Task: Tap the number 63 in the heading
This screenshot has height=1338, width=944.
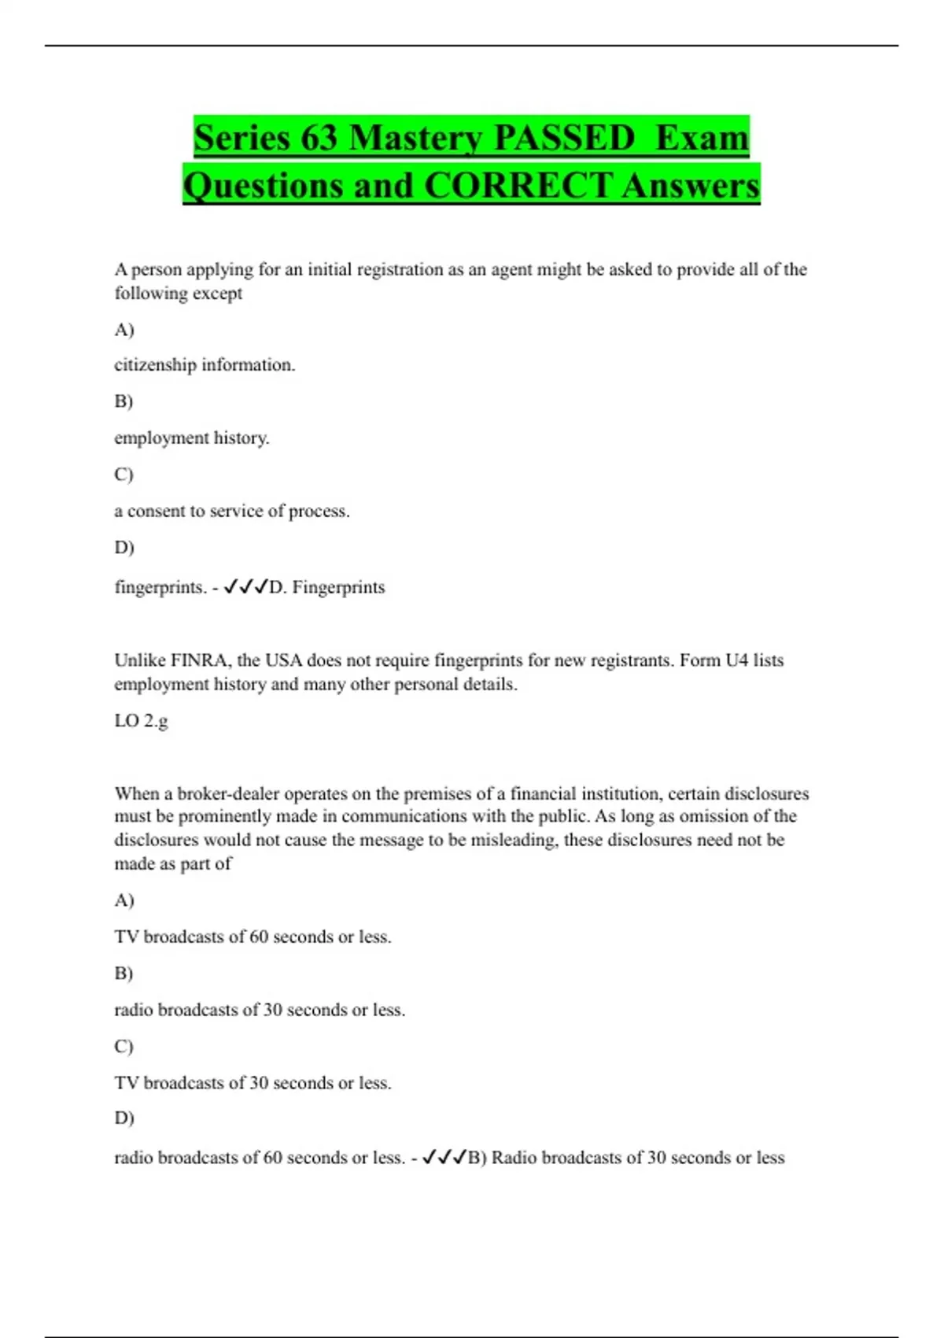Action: pyautogui.click(x=319, y=138)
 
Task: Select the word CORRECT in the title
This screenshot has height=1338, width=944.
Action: pyautogui.click(x=518, y=186)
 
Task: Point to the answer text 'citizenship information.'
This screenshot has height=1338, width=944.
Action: pyautogui.click(x=205, y=365)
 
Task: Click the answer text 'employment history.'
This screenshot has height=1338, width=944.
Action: pyautogui.click(x=192, y=438)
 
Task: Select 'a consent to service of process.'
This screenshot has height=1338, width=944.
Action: pyautogui.click(x=232, y=511)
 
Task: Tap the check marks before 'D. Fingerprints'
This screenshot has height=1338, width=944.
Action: pyautogui.click(x=245, y=586)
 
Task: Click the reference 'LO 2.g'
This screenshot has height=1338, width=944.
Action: pyautogui.click(x=141, y=720)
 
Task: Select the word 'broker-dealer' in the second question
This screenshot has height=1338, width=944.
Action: pyautogui.click(x=228, y=793)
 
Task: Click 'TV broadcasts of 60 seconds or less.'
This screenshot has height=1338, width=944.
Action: pyautogui.click(x=253, y=937)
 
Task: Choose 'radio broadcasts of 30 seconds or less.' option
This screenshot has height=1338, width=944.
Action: pyautogui.click(x=260, y=1010)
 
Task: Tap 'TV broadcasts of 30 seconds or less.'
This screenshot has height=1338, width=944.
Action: pyautogui.click(x=253, y=1083)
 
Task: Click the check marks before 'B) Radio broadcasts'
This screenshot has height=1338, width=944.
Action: pyautogui.click(x=444, y=1157)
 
